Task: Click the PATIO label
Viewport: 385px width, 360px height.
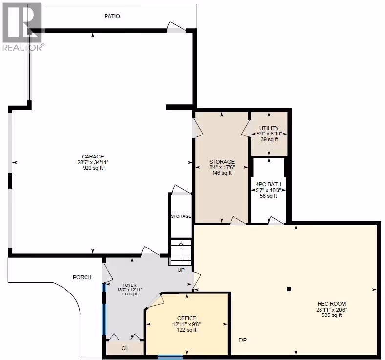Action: tap(112, 16)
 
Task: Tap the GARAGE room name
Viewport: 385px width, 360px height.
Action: tap(93, 157)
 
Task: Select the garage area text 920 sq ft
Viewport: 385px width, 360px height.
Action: tap(93, 168)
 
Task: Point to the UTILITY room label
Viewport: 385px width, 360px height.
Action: tap(269, 128)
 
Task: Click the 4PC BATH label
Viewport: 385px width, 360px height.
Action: tap(269, 184)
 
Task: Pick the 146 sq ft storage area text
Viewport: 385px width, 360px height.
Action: tap(222, 173)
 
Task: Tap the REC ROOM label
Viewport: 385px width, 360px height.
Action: tap(332, 304)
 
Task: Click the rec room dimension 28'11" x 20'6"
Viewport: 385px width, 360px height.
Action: tap(332, 310)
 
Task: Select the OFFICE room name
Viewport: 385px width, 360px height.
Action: tap(187, 318)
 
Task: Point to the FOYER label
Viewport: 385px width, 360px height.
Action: tap(129, 285)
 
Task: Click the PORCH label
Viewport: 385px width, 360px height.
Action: tap(82, 277)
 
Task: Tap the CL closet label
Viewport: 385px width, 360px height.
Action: tap(125, 348)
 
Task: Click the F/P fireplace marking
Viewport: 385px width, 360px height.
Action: tap(243, 340)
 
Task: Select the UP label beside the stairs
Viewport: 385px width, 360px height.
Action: tap(181, 270)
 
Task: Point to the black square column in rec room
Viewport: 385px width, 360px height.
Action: tap(289, 289)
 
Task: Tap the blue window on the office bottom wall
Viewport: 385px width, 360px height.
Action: tap(170, 357)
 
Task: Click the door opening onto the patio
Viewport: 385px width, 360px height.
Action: tap(176, 27)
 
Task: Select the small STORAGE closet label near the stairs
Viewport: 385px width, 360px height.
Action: tap(181, 216)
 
